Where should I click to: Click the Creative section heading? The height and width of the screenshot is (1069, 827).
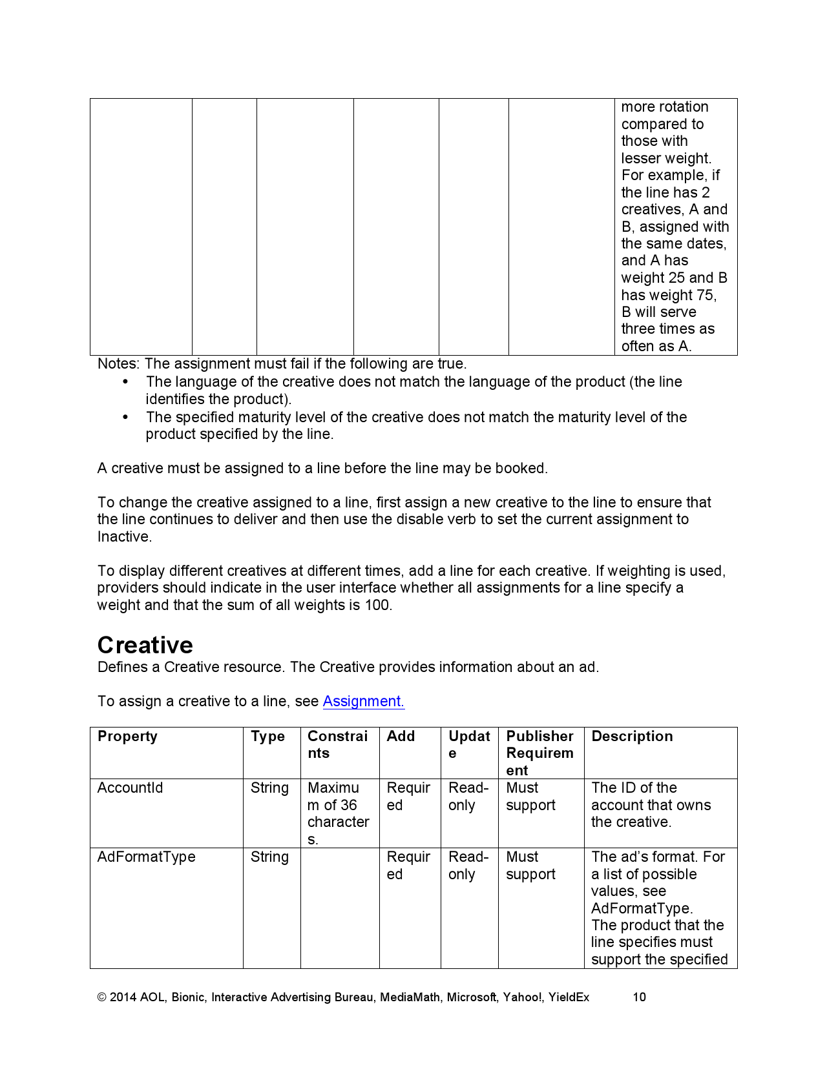[x=145, y=645]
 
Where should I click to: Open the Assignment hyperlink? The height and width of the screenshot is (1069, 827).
[x=363, y=701]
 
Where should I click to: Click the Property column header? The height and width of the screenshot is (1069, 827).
[x=127, y=737]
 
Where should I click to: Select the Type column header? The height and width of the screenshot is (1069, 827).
[x=267, y=737]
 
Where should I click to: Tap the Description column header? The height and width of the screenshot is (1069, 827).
[x=632, y=737]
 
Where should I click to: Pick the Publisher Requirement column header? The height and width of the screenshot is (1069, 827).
[x=539, y=753]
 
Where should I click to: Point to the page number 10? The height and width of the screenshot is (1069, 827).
[x=639, y=997]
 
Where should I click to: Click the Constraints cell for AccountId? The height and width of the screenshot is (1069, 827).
[x=338, y=813]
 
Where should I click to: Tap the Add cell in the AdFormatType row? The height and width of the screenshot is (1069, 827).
[x=408, y=866]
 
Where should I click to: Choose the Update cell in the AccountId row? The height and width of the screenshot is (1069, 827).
[x=468, y=797]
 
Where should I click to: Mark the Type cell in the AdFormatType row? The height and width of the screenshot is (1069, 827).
[x=269, y=857]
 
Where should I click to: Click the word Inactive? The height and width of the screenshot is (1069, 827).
[x=123, y=537]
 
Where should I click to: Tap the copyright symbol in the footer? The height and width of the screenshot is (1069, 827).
[x=101, y=997]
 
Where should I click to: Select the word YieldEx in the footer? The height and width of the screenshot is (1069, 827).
[x=569, y=997]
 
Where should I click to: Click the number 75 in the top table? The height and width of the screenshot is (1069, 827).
[x=705, y=295]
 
